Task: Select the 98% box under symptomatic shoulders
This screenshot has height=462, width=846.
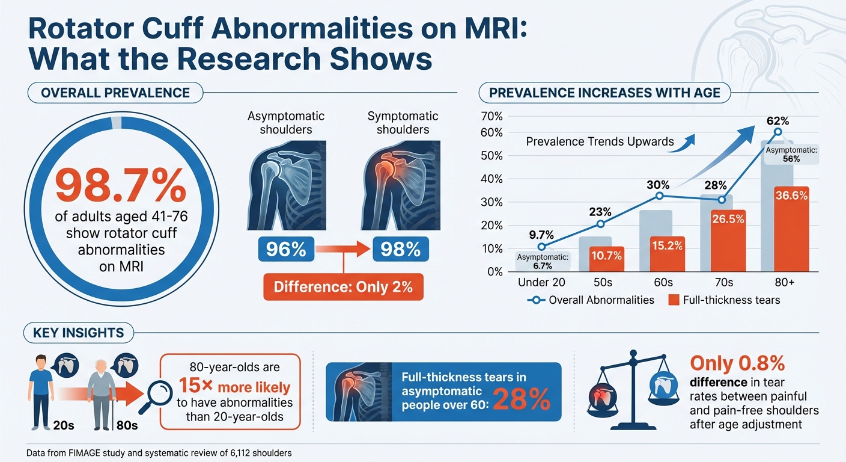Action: [397, 249]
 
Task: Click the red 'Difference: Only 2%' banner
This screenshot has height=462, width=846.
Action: [343, 286]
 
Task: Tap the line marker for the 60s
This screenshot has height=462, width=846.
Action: [660, 196]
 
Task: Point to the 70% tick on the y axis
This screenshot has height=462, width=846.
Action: [491, 116]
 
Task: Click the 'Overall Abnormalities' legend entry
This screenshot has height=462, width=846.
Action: [591, 299]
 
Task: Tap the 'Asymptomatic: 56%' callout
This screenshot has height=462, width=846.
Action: [792, 155]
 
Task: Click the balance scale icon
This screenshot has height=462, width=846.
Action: [630, 391]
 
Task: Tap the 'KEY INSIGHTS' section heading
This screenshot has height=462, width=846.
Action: [78, 332]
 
